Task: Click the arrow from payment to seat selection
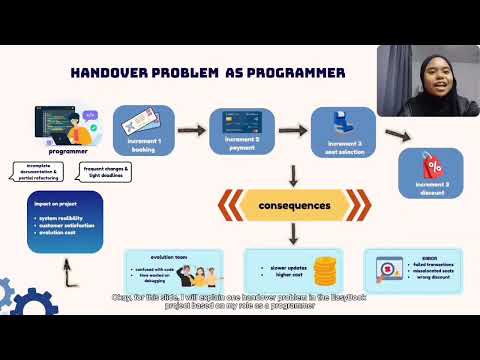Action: [291, 129]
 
